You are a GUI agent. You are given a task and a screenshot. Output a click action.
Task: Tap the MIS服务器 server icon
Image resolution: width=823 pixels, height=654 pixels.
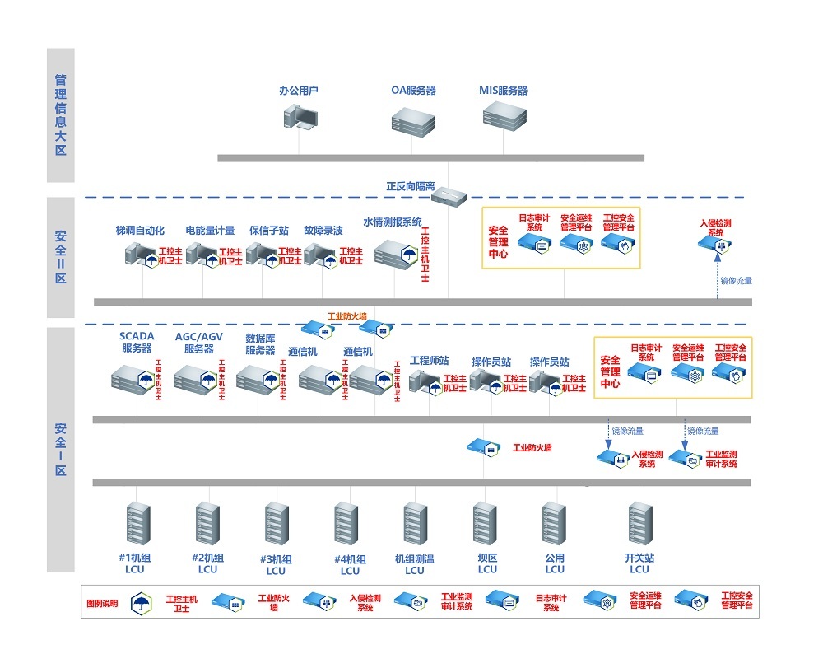503,116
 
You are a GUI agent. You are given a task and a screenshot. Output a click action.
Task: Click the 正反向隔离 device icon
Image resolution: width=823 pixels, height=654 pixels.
449,196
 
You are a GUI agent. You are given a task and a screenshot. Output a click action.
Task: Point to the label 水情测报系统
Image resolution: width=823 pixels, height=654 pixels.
393,222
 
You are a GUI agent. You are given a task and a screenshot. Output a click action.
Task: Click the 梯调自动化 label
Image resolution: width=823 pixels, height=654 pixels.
140,231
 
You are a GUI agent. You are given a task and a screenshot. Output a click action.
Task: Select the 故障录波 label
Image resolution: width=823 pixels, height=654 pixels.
323,231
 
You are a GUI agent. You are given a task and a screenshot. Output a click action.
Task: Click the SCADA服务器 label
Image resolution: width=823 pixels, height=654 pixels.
136,342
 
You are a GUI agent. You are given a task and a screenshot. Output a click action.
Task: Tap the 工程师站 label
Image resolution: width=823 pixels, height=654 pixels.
429,362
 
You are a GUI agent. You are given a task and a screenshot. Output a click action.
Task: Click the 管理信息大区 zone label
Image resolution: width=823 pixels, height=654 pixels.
60,115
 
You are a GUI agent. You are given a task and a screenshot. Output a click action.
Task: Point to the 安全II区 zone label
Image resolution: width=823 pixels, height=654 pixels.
60,256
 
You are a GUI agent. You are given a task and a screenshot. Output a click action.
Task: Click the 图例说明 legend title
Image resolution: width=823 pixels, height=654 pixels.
102,603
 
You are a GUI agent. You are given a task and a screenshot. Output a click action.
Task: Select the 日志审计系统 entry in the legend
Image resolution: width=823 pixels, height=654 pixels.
551,602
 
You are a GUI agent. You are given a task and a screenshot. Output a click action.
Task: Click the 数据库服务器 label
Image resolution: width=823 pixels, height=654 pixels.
260,344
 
